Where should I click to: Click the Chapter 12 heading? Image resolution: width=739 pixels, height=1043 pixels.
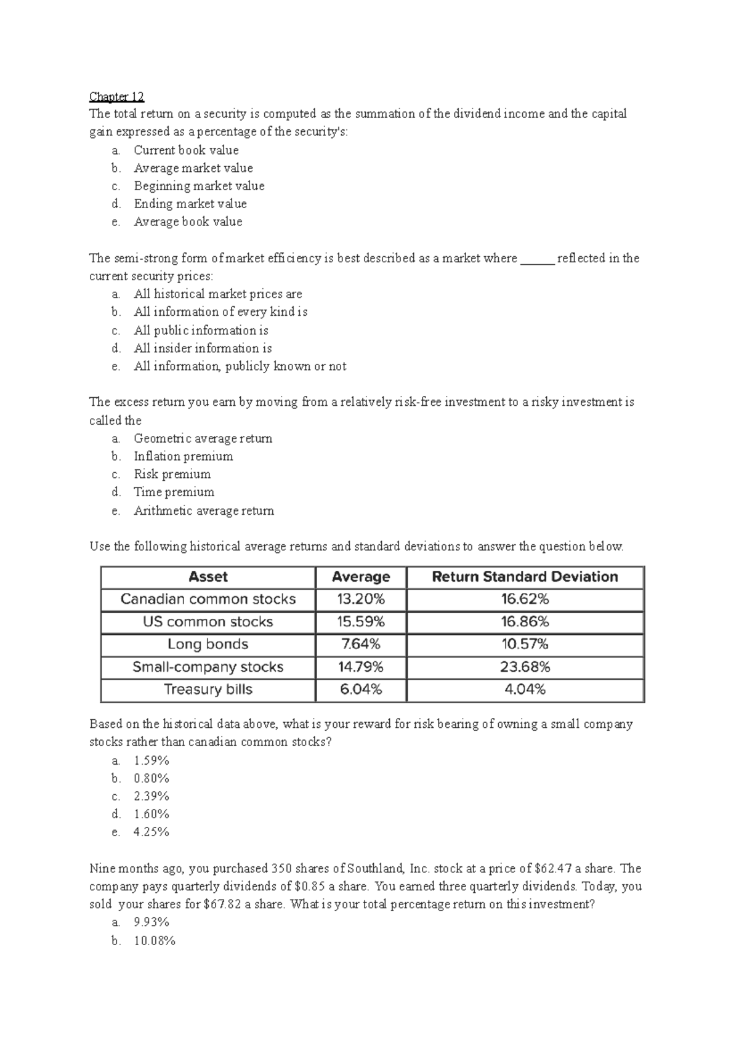click(x=116, y=96)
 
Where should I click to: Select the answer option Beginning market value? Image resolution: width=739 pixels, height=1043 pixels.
click(x=199, y=185)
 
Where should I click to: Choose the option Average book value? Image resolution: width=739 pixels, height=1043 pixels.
click(x=188, y=222)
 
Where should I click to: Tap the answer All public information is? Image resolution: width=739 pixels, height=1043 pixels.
click(x=201, y=330)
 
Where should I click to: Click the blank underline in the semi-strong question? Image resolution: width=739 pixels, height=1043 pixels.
click(x=538, y=259)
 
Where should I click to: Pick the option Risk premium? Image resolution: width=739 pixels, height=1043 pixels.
click(x=172, y=474)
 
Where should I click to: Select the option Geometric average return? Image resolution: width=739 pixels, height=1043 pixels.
click(x=203, y=438)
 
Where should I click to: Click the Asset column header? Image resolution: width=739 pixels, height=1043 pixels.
click(x=208, y=577)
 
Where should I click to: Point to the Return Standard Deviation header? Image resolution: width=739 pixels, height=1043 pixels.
click(x=525, y=577)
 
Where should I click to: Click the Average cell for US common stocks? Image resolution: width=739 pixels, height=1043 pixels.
click(x=361, y=622)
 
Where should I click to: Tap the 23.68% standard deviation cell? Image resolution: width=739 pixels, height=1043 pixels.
click(x=525, y=667)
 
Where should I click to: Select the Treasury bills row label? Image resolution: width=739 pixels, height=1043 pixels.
click(x=208, y=690)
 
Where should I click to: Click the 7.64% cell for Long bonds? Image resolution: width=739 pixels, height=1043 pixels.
click(x=361, y=644)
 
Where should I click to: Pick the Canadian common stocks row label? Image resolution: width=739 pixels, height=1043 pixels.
click(x=208, y=599)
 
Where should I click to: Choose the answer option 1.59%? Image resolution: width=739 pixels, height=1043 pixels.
click(x=151, y=760)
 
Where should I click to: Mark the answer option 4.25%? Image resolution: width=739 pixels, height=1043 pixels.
click(x=151, y=832)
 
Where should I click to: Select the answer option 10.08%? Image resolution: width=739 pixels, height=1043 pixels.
click(x=154, y=941)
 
